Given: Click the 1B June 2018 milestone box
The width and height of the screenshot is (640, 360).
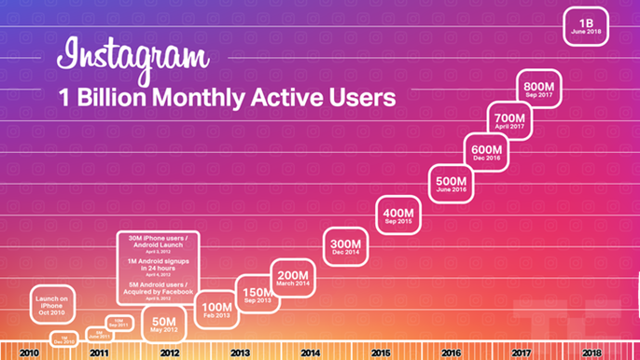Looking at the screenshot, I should click(x=587, y=25).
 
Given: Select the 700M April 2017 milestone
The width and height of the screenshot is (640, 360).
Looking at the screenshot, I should click(x=509, y=120).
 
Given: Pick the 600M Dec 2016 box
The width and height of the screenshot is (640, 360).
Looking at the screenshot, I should click(x=486, y=153).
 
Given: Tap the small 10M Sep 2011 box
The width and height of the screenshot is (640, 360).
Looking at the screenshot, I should click(x=117, y=325).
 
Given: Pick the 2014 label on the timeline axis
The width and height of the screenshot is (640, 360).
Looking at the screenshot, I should click(x=310, y=353).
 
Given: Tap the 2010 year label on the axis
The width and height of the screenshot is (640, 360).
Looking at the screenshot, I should click(x=28, y=353).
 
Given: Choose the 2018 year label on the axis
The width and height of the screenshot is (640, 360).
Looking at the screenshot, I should click(x=591, y=353).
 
